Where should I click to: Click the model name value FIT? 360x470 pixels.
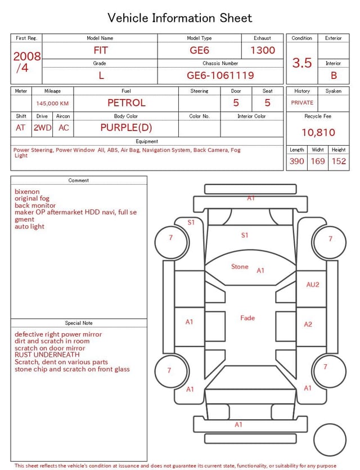pyautogui.click(x=101, y=50)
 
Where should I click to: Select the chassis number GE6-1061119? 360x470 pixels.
pyautogui.click(x=220, y=75)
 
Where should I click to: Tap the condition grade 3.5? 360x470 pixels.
pyautogui.click(x=302, y=62)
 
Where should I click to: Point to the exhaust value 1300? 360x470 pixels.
pyautogui.click(x=263, y=50)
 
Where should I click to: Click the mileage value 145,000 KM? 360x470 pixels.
pyautogui.click(x=52, y=104)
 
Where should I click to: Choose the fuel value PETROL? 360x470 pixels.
pyautogui.click(x=127, y=103)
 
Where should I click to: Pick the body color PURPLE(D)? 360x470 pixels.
pyautogui.click(x=126, y=128)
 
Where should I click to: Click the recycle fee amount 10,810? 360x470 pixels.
pyautogui.click(x=318, y=132)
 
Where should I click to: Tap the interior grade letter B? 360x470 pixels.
pyautogui.click(x=334, y=75)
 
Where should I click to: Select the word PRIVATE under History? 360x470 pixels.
pyautogui.click(x=302, y=102)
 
